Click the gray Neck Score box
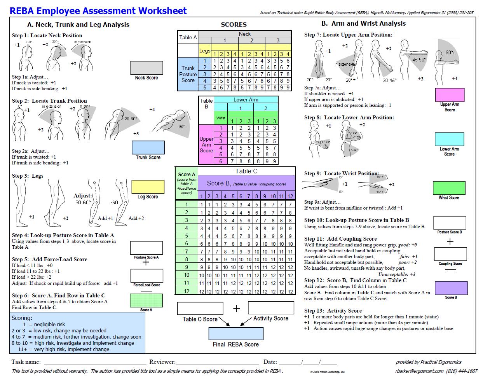pyautogui.click(x=146, y=68)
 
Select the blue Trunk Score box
pyautogui.click(x=148, y=147)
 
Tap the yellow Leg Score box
pyautogui.click(x=148, y=187)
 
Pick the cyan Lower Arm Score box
pyautogui.click(x=450, y=139)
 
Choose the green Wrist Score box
pyautogui.click(x=449, y=188)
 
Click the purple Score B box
pyautogui.click(x=451, y=288)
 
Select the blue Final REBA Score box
pyautogui.click(x=236, y=334)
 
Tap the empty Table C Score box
pyautogui.click(x=200, y=308)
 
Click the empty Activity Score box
pyautogui.click(x=271, y=308)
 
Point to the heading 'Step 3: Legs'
pyautogui.click(x=28, y=176)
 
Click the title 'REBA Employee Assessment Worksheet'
pyautogui.click(x=98, y=10)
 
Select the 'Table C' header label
pyautogui.click(x=246, y=171)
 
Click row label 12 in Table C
pyautogui.click(x=187, y=291)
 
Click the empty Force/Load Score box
pyautogui.click(x=146, y=276)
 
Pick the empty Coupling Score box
pyautogui.click(x=450, y=254)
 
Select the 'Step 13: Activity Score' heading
pyautogui.click(x=333, y=311)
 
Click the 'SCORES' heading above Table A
pyautogui.click(x=234, y=24)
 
